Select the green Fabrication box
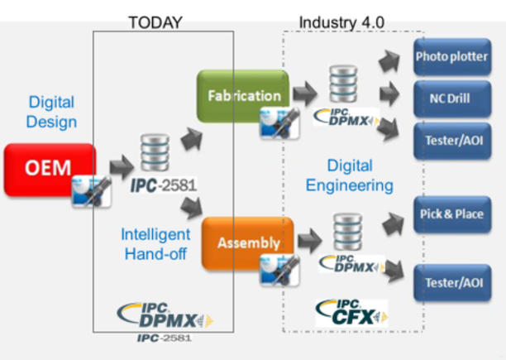pyautogui.click(x=243, y=96)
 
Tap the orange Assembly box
pyautogui.click(x=247, y=243)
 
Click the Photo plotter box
pyautogui.click(x=452, y=57)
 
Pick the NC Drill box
pyautogui.click(x=452, y=98)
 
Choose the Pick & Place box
pyautogui.click(x=452, y=214)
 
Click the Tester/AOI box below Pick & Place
pyautogui.click(x=452, y=283)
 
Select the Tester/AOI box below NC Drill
pyautogui.click(x=452, y=141)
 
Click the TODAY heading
pyautogui.click(x=155, y=22)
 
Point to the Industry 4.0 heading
pyautogui.click(x=341, y=22)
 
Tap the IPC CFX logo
pyautogui.click(x=351, y=313)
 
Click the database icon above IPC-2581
pyautogui.click(x=155, y=152)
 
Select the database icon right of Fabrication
pyautogui.click(x=343, y=84)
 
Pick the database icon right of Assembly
pyautogui.click(x=347, y=232)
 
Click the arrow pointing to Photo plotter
pyautogui.click(x=389, y=60)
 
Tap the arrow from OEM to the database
pyautogui.click(x=122, y=167)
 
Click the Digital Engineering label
pyautogui.click(x=350, y=175)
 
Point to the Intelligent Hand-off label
pyautogui.click(x=155, y=244)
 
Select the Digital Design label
pyautogui.click(x=51, y=112)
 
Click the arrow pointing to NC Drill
pyautogui.click(x=389, y=94)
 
